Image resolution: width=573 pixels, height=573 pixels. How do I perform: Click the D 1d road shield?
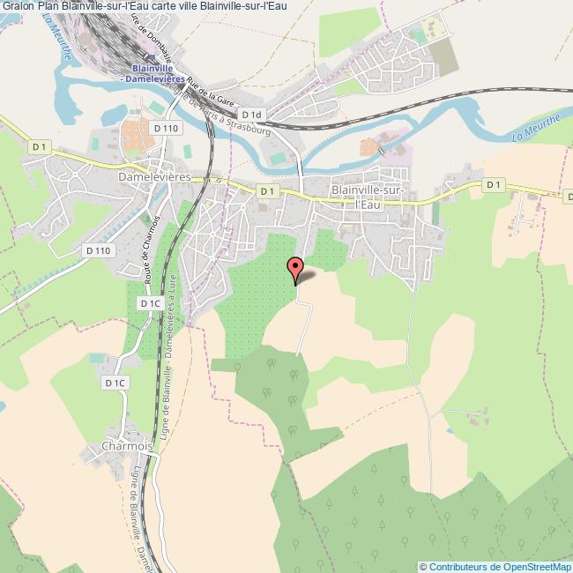tap(252, 115)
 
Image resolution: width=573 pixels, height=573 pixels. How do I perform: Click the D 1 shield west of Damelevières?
tap(39, 146)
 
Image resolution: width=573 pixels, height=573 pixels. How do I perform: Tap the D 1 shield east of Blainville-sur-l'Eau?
tap(493, 184)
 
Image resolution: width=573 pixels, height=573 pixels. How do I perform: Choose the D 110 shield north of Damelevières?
tap(165, 129)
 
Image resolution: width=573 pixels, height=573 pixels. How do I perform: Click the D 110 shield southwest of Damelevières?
tap(99, 250)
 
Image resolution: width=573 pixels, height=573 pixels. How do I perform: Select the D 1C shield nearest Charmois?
tap(115, 383)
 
